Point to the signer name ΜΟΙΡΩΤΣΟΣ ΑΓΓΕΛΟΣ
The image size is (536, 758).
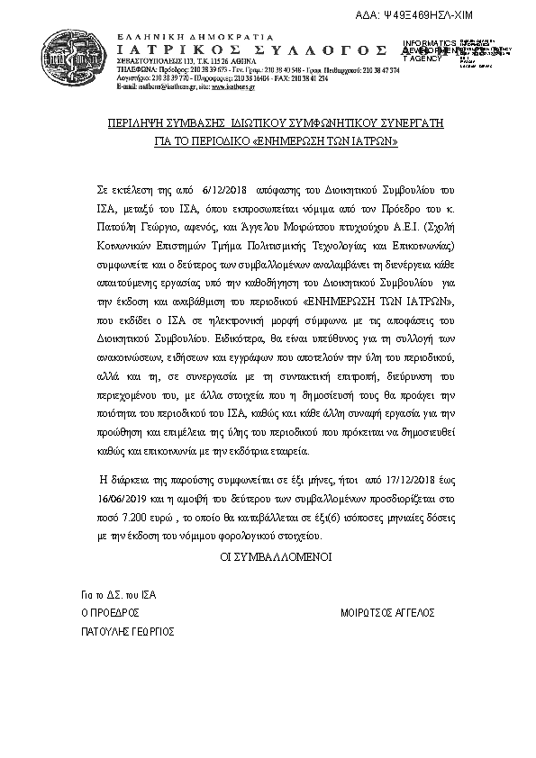click(x=387, y=612)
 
